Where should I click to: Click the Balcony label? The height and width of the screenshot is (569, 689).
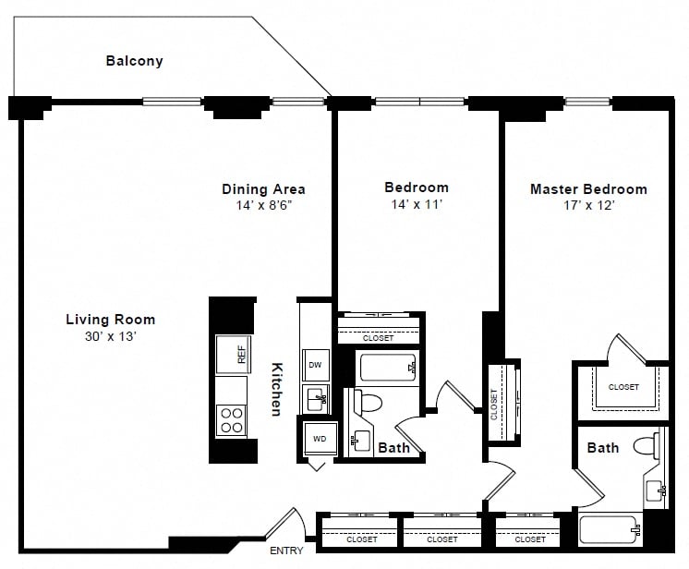135,61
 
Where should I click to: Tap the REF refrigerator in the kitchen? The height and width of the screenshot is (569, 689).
234,354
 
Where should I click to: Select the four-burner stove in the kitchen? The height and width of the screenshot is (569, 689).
232,420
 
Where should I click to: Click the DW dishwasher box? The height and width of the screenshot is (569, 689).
316,365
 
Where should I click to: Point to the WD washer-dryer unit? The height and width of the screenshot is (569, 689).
320,439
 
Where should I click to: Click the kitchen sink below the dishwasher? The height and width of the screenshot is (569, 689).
316,399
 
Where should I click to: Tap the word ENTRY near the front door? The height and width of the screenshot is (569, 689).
286,551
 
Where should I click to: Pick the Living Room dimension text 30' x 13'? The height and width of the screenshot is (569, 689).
111,336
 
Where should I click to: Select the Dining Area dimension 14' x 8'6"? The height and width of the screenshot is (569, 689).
263,205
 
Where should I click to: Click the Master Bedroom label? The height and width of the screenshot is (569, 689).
589,189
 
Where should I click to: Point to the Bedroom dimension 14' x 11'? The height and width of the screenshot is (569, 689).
417,204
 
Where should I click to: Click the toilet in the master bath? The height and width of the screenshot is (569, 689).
647,446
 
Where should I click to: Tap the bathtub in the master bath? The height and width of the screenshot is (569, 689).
610,530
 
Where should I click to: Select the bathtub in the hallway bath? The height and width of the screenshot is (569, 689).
388,368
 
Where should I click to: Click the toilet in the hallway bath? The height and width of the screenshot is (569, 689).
368,401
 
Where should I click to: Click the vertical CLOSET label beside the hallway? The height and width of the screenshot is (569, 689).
494,405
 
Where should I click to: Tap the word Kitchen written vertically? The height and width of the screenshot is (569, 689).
277,389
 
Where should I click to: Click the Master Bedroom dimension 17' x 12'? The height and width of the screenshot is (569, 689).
589,205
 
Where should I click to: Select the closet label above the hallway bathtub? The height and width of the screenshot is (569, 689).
378,338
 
